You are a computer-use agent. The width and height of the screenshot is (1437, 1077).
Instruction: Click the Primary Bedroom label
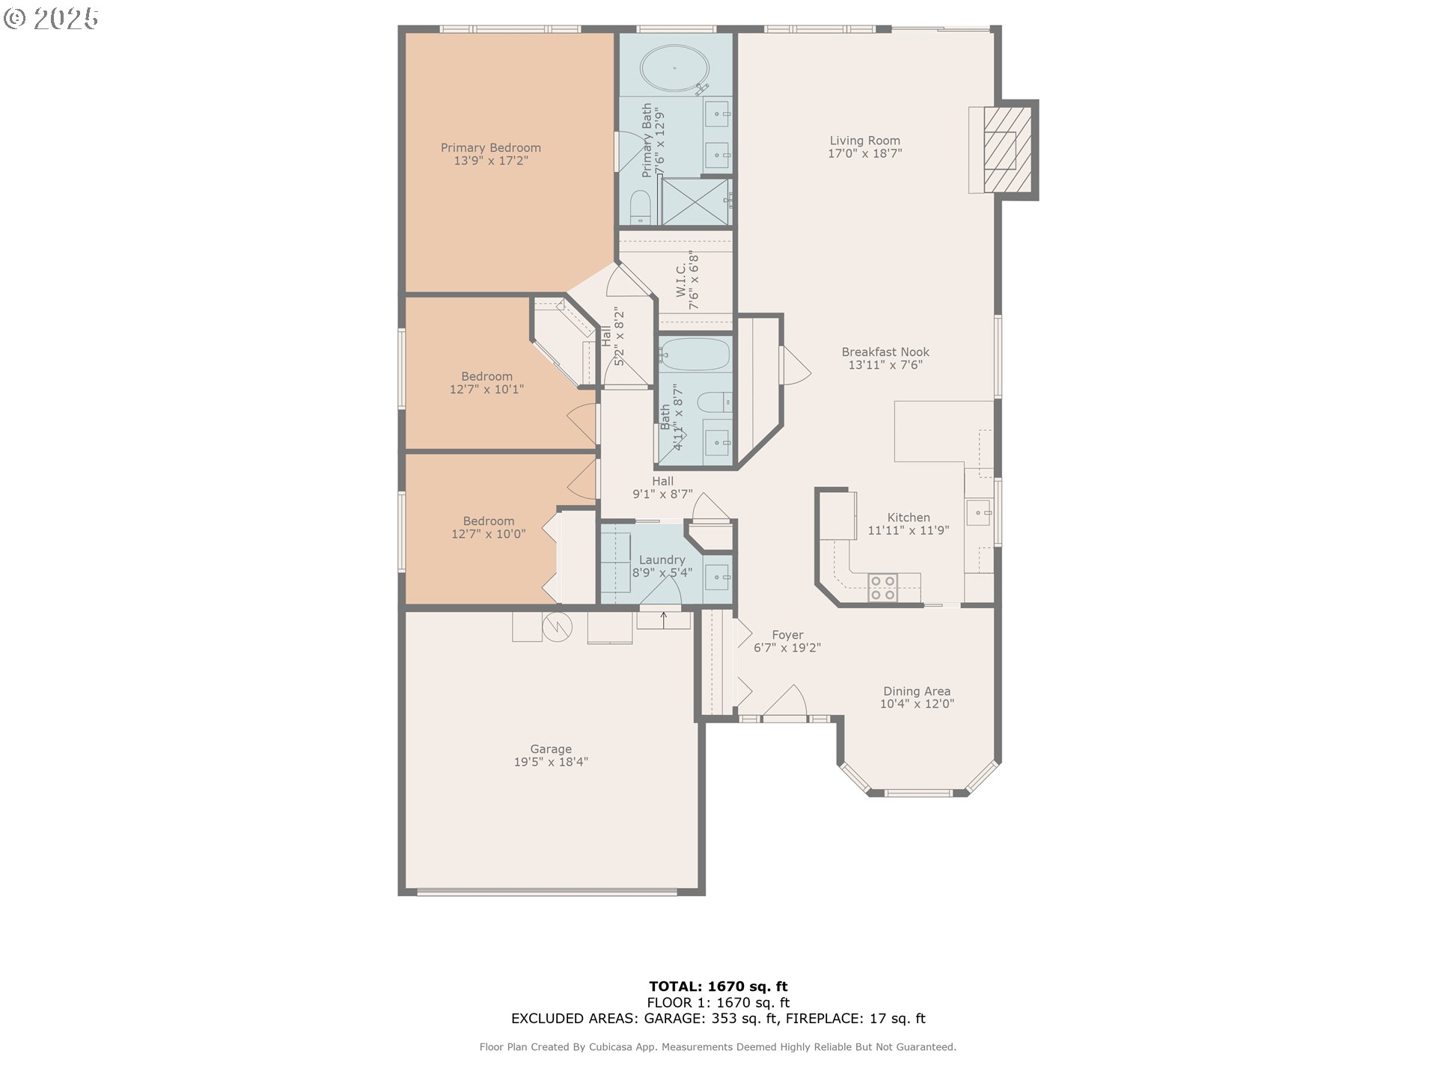[490, 148]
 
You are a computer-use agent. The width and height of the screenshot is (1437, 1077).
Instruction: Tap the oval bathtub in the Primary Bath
[674, 68]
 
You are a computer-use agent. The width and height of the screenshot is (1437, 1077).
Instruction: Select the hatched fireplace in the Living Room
[1007, 150]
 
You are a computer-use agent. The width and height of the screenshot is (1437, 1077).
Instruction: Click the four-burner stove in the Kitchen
[882, 588]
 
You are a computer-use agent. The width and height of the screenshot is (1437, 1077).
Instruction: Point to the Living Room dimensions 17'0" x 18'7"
[864, 153]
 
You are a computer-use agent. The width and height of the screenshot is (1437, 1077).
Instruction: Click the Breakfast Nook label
[885, 352]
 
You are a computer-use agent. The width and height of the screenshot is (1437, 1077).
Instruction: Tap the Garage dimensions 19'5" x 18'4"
[551, 762]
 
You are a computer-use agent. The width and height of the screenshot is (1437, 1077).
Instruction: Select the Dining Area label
[916, 691]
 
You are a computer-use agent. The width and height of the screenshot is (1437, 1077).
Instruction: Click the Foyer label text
[787, 635]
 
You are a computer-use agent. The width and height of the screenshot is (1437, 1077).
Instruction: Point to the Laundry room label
[662, 560]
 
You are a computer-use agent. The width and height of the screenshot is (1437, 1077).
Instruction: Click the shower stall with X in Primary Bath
[695, 201]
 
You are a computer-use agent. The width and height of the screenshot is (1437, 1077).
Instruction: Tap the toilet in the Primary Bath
[640, 207]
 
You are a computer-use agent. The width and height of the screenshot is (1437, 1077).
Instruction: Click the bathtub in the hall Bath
[695, 354]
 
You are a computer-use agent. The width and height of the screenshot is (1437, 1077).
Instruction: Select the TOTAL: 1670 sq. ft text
[718, 987]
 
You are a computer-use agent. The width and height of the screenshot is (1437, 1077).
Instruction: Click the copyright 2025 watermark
[51, 18]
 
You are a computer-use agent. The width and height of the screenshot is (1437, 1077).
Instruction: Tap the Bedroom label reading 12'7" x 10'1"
[486, 383]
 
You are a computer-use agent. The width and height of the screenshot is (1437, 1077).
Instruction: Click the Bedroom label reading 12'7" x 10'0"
[488, 527]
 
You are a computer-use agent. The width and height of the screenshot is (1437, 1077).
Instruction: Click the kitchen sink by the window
[978, 513]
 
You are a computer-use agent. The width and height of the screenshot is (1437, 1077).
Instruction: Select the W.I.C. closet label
[687, 280]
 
